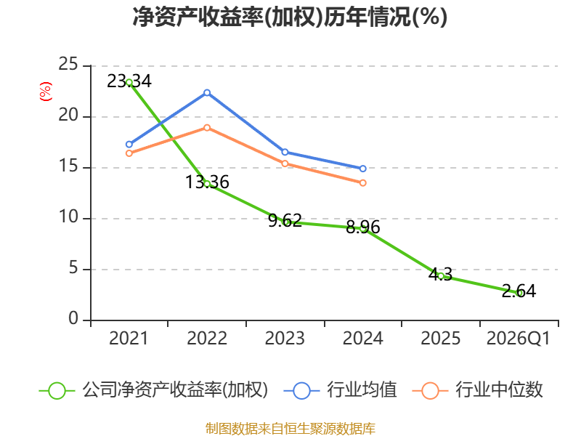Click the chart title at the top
click(x=290, y=17)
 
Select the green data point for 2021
click(x=129, y=82)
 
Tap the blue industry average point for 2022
click(x=207, y=93)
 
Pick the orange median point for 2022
click(x=207, y=128)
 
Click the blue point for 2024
click(x=362, y=169)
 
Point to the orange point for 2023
click(x=285, y=163)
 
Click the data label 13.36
click(x=207, y=182)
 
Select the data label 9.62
click(x=285, y=221)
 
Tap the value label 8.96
click(x=362, y=227)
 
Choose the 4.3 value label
click(x=441, y=275)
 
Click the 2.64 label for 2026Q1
click(x=519, y=291)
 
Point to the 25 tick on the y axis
click(x=68, y=65)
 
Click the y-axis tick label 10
click(x=68, y=217)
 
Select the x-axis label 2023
click(x=285, y=339)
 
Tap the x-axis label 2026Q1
click(x=519, y=339)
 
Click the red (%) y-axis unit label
click(x=46, y=92)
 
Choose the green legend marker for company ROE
click(x=57, y=391)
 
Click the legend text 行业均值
click(x=362, y=390)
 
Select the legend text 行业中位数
click(x=499, y=390)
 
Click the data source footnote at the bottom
click(x=290, y=429)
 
